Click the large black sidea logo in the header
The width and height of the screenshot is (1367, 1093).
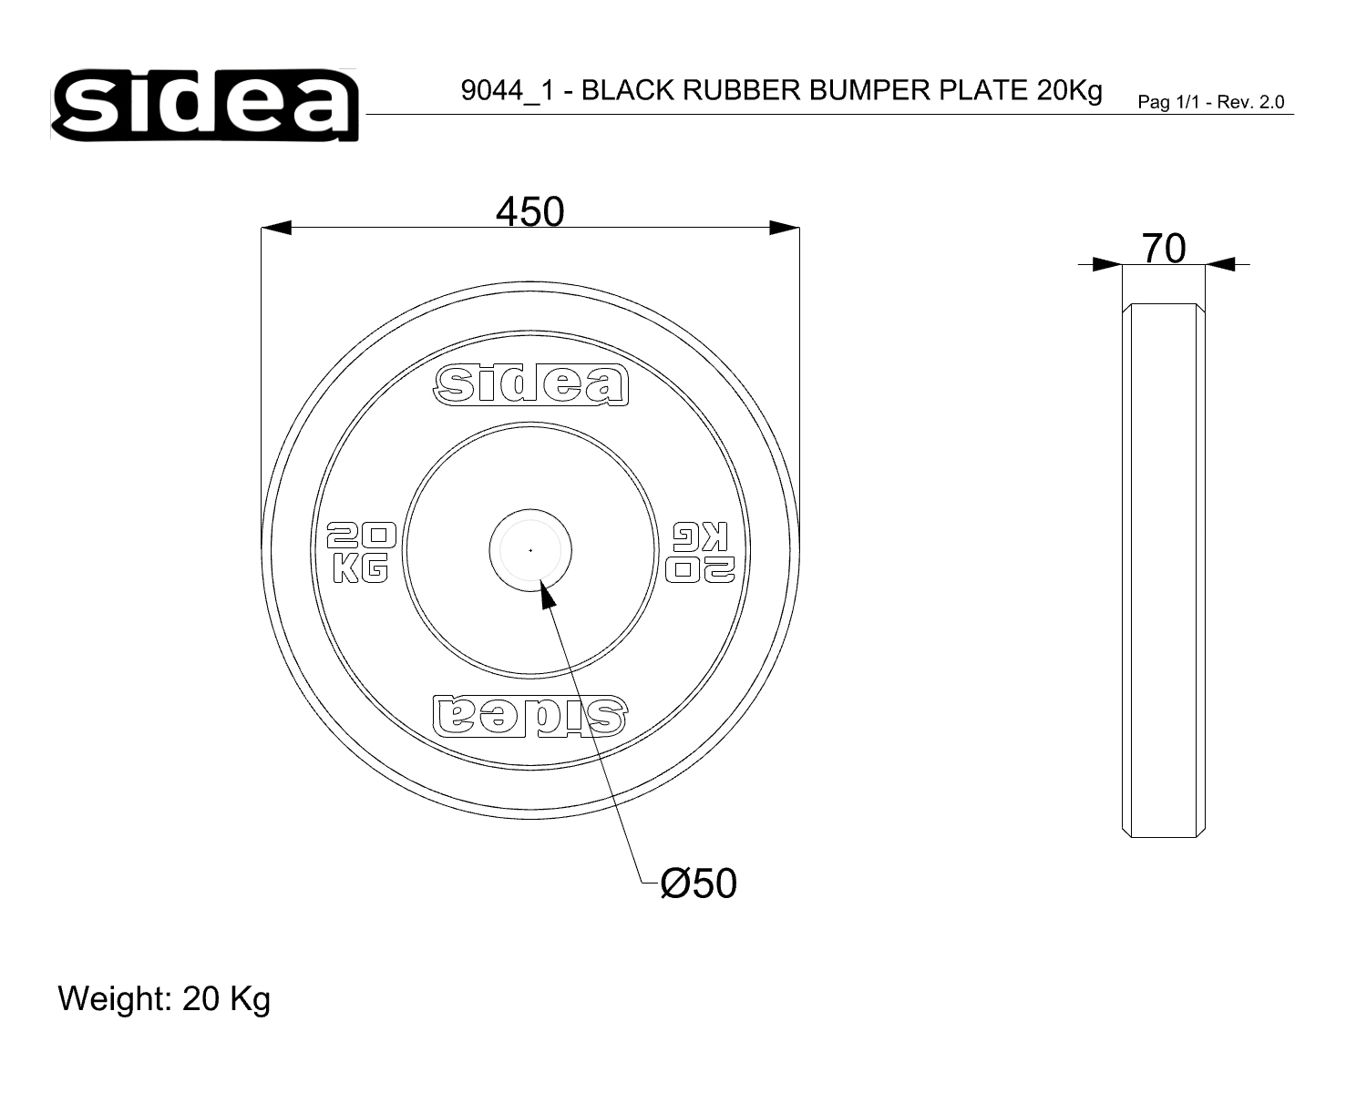tap(204, 105)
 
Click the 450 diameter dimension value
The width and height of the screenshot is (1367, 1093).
tap(529, 211)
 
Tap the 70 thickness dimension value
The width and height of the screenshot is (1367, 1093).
tap(1164, 248)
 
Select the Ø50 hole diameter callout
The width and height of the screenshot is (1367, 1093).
tap(698, 883)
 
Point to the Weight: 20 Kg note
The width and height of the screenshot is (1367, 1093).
tap(164, 999)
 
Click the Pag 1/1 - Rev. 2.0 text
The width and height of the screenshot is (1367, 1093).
tap(1211, 102)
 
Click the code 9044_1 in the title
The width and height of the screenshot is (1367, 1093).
tap(509, 90)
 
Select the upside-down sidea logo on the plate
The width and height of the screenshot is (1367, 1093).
tap(530, 716)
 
